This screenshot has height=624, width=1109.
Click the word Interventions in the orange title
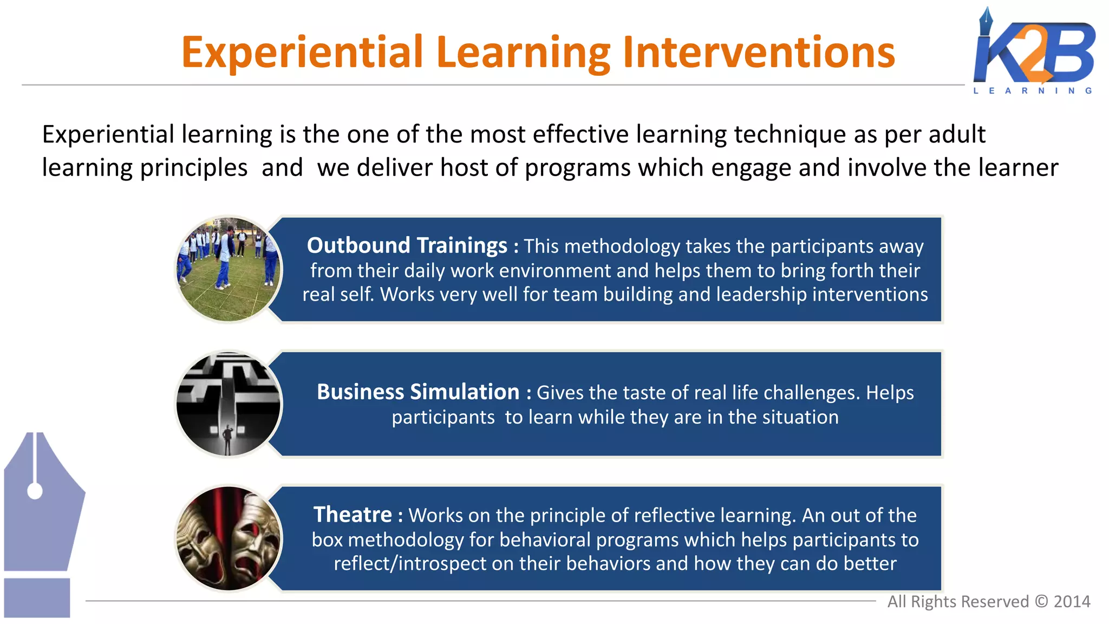click(x=758, y=53)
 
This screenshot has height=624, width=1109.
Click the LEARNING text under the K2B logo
click(x=1033, y=91)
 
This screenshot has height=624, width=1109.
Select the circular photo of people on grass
click(x=229, y=269)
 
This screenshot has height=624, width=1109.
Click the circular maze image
click(x=229, y=404)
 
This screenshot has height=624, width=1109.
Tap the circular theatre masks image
click(x=229, y=538)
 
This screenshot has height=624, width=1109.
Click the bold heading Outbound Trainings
click(x=407, y=246)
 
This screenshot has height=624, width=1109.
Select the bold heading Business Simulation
click(x=417, y=392)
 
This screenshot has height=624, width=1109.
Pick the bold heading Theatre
click(x=353, y=515)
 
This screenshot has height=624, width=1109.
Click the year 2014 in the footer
click(x=1072, y=602)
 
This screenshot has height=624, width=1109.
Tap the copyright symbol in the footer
click(x=1041, y=602)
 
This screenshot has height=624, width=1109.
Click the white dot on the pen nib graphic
click(x=35, y=491)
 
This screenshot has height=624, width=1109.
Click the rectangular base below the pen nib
click(x=37, y=597)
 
